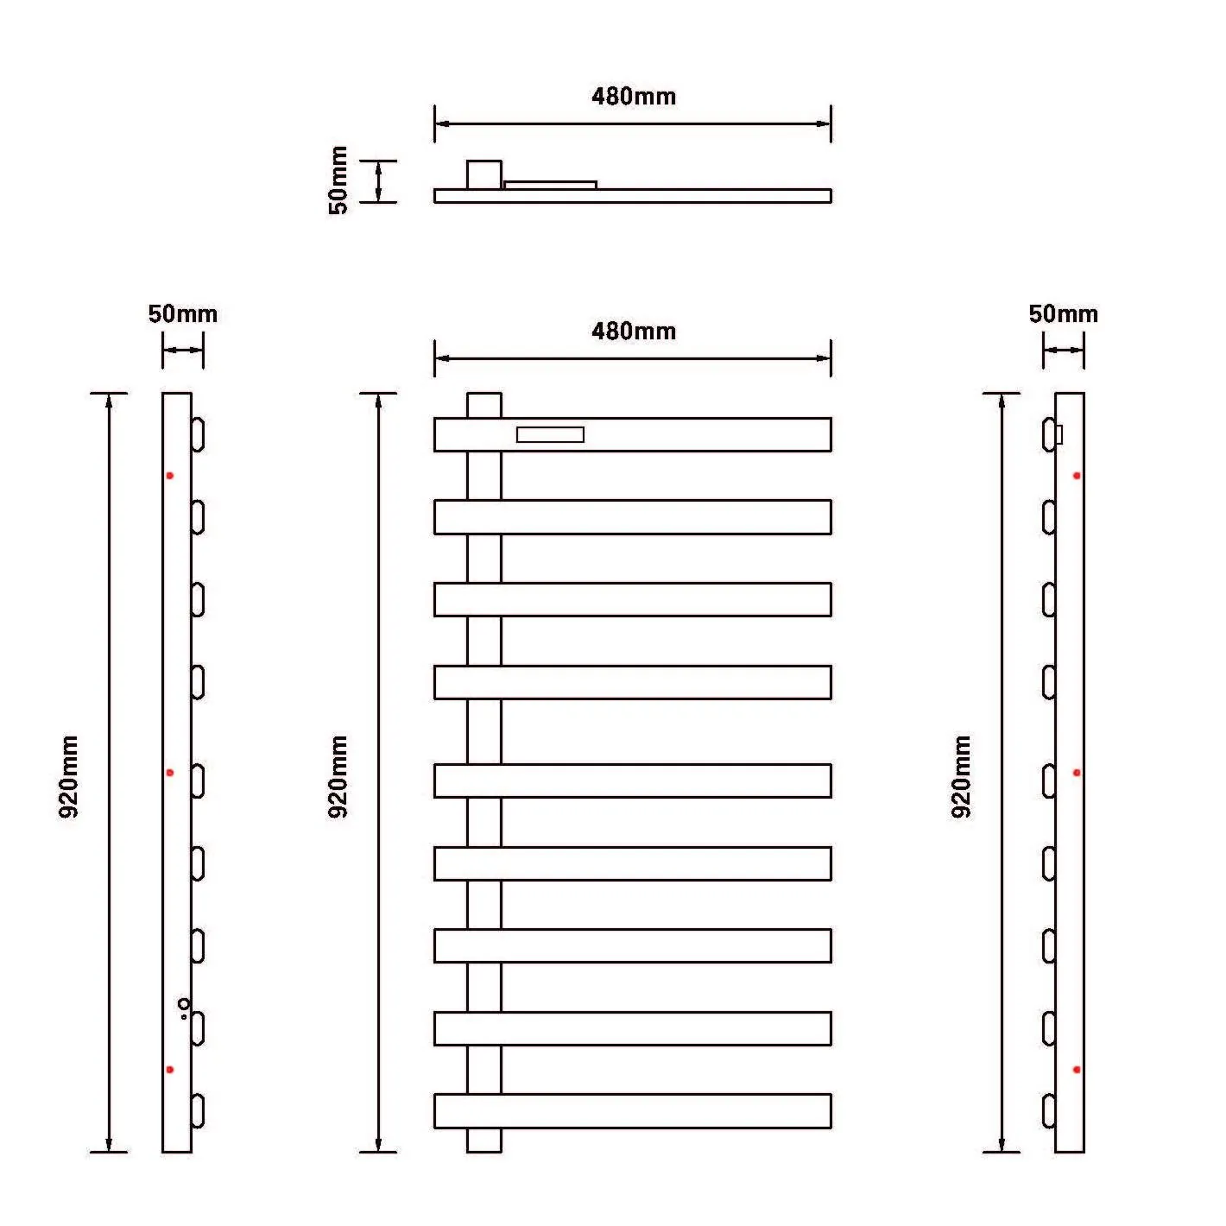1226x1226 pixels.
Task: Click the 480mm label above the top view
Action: tap(633, 97)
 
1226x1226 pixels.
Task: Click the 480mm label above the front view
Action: tap(633, 332)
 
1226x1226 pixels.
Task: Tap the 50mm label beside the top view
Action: tap(338, 180)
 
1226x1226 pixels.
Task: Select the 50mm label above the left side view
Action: tap(182, 314)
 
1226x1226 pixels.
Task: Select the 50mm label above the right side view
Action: tap(1063, 314)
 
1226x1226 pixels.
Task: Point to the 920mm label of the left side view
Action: tap(69, 777)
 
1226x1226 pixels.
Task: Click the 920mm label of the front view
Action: tap(338, 777)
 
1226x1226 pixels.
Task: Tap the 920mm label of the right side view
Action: tap(961, 777)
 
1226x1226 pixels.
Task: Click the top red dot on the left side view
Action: tap(170, 475)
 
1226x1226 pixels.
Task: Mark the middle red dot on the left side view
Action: tap(170, 773)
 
